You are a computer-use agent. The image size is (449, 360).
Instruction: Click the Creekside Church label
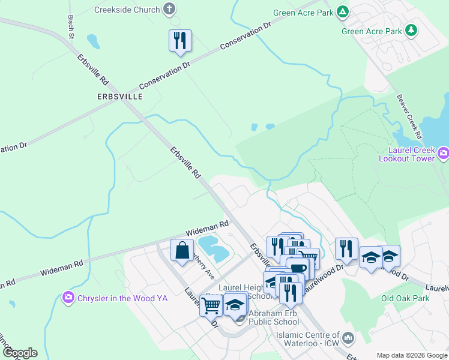click(127, 10)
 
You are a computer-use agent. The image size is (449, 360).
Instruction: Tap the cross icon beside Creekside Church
click(170, 10)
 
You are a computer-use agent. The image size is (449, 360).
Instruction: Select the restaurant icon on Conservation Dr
click(180, 41)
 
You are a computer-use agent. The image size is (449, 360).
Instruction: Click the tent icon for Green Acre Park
click(342, 11)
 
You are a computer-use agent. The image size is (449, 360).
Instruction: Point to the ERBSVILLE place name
click(119, 96)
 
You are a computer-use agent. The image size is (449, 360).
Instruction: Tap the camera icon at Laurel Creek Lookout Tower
click(443, 154)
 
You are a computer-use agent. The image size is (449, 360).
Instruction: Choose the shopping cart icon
click(211, 305)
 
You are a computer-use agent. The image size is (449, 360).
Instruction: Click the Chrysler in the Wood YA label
click(122, 298)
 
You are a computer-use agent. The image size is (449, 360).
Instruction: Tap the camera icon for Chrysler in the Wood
click(68, 297)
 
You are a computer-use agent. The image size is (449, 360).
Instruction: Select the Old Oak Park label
click(405, 298)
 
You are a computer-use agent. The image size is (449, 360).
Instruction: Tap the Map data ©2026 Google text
click(412, 355)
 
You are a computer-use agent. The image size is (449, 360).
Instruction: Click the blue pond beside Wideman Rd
click(213, 248)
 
